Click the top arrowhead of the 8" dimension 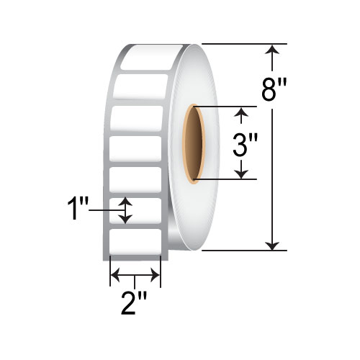click(272, 49)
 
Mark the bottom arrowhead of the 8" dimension click(272, 246)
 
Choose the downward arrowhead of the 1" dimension click(126, 218)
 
